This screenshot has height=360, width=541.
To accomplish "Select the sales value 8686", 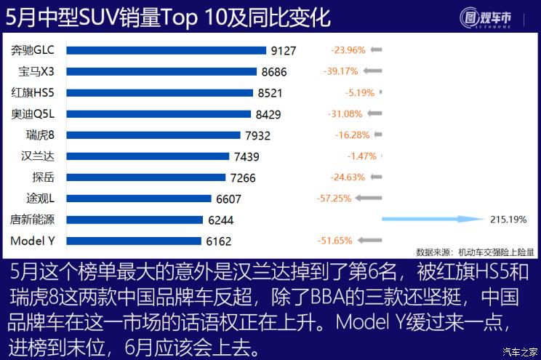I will [274, 72].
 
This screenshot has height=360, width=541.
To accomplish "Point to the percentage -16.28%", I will [352, 135].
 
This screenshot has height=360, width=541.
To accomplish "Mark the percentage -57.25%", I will [334, 198].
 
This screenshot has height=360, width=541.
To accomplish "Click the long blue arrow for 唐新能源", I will [432, 218].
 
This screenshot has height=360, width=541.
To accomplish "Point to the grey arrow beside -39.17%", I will [372, 71].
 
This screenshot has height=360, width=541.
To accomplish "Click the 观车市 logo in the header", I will [492, 17].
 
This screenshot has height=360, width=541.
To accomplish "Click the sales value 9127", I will [283, 51].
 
